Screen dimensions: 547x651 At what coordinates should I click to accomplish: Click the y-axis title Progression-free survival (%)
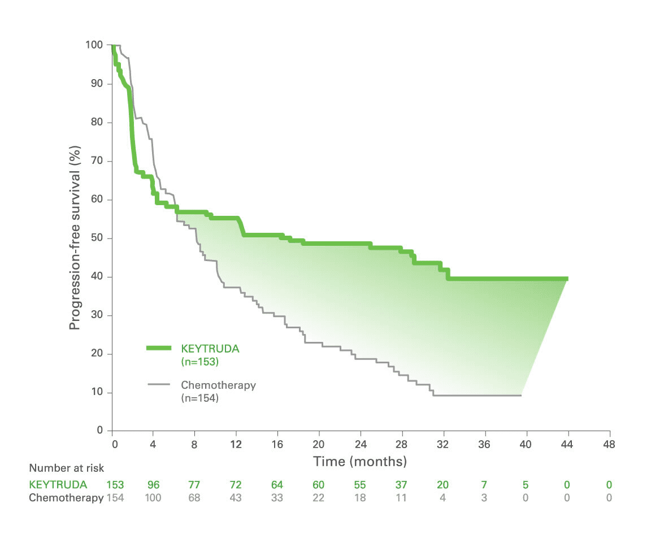(x=75, y=238)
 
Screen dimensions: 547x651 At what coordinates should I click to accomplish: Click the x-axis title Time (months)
(x=360, y=462)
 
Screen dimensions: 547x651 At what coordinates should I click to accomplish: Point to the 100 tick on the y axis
(x=95, y=45)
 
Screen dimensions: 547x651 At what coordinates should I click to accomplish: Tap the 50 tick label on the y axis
(x=97, y=238)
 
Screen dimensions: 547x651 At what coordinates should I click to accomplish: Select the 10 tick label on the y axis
(x=97, y=392)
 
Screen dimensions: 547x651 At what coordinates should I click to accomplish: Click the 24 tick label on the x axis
(x=360, y=444)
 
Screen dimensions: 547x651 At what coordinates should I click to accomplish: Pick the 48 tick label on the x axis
(x=608, y=444)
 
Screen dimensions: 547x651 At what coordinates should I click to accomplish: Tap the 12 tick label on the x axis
(x=236, y=444)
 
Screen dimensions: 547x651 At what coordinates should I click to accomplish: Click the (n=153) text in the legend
(x=199, y=361)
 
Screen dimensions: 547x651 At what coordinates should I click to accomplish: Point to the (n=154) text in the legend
(x=199, y=398)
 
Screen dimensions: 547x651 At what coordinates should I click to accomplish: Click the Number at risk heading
(x=67, y=468)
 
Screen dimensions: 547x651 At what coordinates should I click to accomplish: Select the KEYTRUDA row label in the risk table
(x=58, y=485)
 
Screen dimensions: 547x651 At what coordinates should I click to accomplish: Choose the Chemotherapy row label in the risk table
(x=66, y=498)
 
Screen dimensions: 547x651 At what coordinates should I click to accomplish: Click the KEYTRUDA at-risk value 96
(x=153, y=485)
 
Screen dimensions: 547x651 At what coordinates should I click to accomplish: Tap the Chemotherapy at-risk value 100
(x=153, y=498)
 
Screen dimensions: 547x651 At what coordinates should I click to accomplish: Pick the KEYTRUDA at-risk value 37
(x=401, y=485)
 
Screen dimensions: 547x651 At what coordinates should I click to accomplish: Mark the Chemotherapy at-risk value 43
(x=236, y=498)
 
